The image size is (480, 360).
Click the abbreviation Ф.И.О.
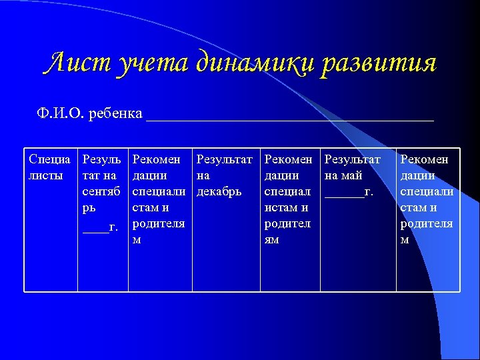click(x=61, y=113)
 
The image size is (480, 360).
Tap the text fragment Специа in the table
click(x=50, y=160)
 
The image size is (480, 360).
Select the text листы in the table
click(x=46, y=176)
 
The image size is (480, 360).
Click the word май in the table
click(x=353, y=176)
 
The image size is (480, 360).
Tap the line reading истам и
click(x=286, y=208)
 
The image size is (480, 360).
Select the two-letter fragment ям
click(x=272, y=240)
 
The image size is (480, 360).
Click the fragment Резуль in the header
click(x=101, y=160)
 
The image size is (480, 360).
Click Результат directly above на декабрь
click(x=225, y=160)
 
